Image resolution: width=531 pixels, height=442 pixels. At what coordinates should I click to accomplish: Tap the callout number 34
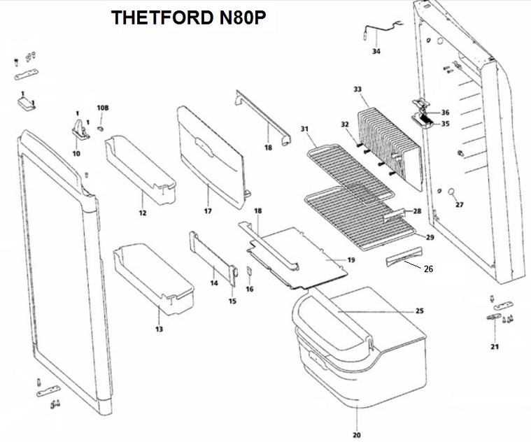pos(376,52)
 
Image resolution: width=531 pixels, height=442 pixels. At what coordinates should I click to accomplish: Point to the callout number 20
pos(357,434)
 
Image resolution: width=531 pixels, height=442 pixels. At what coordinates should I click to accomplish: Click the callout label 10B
pos(103,108)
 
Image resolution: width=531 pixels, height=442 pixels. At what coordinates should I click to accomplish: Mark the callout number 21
pos(495,346)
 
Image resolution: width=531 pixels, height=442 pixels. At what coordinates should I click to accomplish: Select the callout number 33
pos(357,90)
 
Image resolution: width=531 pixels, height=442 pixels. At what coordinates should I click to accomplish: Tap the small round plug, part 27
pos(452,191)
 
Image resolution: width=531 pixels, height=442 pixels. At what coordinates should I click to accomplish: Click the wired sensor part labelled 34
pos(378,31)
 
